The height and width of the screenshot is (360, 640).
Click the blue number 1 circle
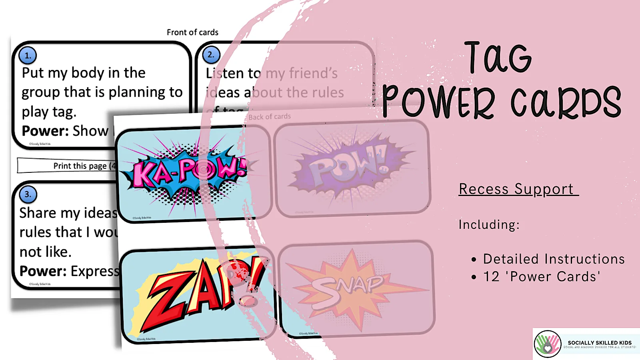pyautogui.click(x=28, y=56)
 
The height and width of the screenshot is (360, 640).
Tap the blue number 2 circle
pyautogui.click(x=211, y=55)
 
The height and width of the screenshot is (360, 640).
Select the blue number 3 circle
pyautogui.click(x=28, y=194)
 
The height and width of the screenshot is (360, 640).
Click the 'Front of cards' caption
pyautogui.click(x=192, y=32)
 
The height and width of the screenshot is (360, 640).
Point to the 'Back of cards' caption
pyautogui.click(x=270, y=117)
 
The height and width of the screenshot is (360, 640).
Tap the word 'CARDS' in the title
pyautogui.click(x=566, y=102)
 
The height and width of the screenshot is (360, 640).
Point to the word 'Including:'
pyautogui.click(x=489, y=225)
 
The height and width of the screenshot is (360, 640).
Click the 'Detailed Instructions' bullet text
pyautogui.click(x=554, y=259)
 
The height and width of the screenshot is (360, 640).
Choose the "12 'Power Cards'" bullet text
pyautogui.click(x=542, y=277)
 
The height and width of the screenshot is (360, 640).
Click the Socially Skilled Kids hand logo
pyautogui.click(x=548, y=344)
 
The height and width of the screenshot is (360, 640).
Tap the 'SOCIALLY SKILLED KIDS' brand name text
pyautogui.click(x=600, y=343)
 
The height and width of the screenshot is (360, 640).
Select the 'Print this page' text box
pyautogui.click(x=66, y=166)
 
